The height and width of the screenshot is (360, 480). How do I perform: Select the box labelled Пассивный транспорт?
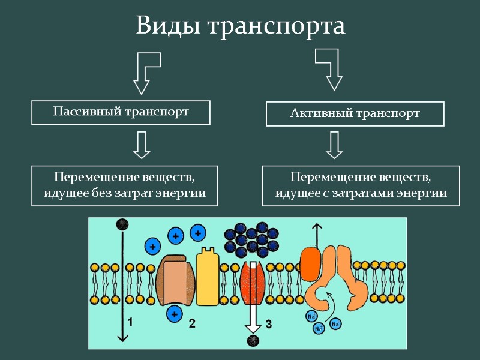coord(121,112)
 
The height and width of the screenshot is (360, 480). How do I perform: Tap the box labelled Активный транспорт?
coord(355,113)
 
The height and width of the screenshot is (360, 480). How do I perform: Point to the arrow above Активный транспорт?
coord(331,68)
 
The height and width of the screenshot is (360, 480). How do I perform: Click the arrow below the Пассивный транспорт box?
coord(142,145)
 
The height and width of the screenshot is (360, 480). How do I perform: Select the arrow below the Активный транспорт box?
coord(334,145)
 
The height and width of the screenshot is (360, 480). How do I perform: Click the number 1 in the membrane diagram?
coord(130,322)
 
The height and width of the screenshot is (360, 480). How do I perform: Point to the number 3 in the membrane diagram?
coord(268,324)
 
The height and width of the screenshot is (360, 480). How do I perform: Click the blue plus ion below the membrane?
coord(175,313)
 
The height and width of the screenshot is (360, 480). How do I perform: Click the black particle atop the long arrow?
coord(122,224)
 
